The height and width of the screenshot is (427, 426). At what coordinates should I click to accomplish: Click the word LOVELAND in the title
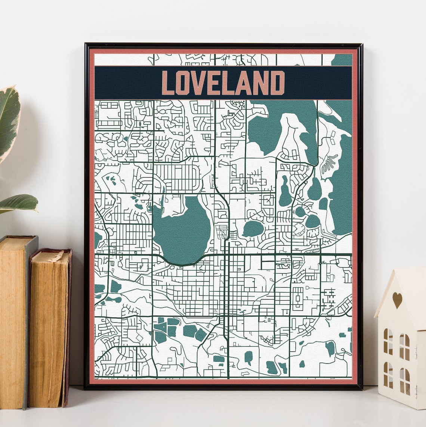pyautogui.click(x=223, y=83)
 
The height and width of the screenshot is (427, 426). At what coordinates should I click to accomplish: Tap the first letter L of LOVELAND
pyautogui.click(x=169, y=83)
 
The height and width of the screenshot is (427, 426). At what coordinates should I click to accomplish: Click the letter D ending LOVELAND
pyautogui.click(x=277, y=83)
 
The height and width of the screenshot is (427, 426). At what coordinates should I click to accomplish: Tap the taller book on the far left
pyautogui.click(x=15, y=322)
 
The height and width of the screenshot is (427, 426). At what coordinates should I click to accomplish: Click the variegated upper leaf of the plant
pyautogui.click(x=8, y=120)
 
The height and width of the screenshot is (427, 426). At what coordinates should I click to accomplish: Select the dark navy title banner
pyautogui.click(x=223, y=83)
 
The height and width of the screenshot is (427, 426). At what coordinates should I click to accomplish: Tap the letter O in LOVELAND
pyautogui.click(x=183, y=83)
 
